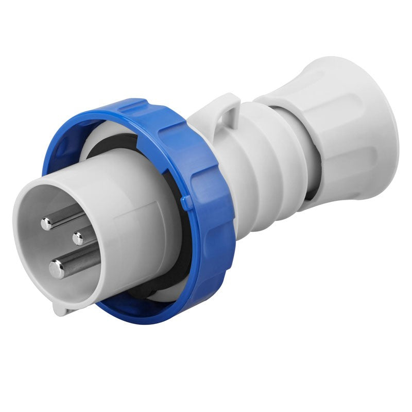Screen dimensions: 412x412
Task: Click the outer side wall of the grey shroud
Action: click(x=139, y=227)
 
